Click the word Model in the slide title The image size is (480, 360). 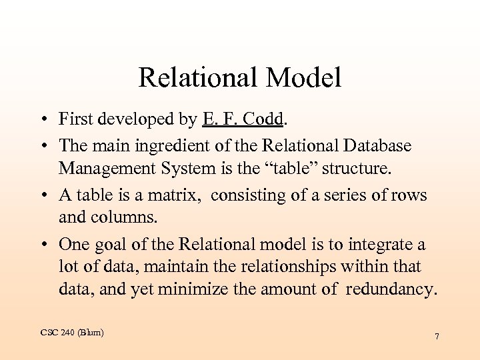303,78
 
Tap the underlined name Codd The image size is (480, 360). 264,119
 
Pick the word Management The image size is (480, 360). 106,169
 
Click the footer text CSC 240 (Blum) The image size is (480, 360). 71,332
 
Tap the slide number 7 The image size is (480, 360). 437,337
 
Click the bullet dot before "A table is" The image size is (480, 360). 42,195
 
